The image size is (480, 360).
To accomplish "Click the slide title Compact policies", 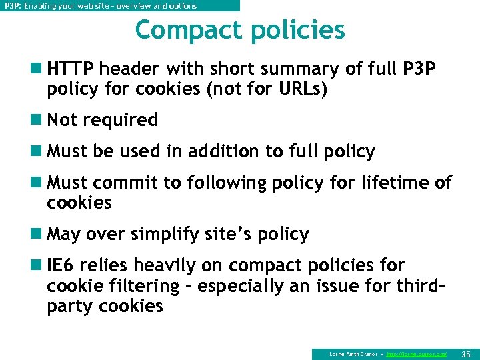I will (240, 30).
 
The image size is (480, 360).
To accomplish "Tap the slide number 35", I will (466, 353).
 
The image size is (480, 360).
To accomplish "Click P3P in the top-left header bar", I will (11, 6).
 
